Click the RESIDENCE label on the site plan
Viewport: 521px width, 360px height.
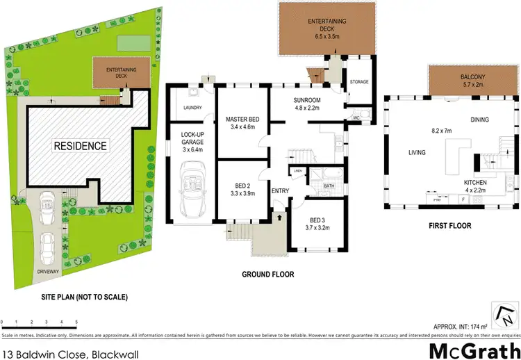(81, 146)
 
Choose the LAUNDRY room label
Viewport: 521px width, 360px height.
(192, 108)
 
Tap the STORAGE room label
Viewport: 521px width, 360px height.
(358, 82)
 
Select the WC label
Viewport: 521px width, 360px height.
(356, 118)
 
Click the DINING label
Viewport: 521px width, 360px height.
(480, 120)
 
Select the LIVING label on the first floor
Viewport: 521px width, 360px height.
(417, 152)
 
